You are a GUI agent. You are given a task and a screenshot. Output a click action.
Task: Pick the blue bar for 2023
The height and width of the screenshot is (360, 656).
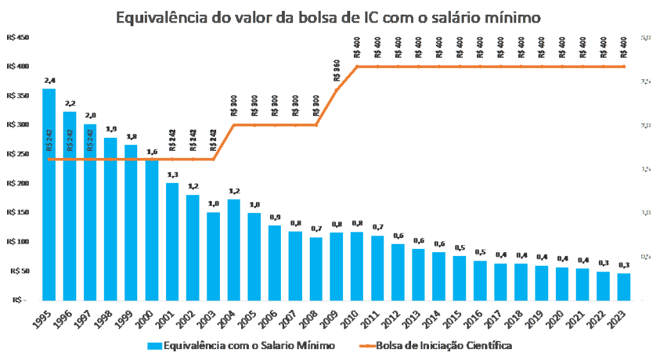(624, 286)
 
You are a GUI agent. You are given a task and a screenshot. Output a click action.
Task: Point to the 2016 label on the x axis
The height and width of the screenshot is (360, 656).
(478, 317)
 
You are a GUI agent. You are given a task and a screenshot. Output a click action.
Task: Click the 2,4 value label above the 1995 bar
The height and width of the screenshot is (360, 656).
(49, 81)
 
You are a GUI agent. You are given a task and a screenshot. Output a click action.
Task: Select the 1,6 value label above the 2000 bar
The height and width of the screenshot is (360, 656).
(152, 152)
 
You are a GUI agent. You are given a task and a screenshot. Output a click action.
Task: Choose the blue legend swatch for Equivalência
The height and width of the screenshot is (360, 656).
(154, 346)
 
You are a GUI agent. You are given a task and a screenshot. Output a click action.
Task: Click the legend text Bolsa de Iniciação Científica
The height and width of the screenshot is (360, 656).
(444, 346)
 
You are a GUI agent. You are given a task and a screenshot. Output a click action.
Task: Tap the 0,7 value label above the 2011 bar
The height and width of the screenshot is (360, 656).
(378, 227)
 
